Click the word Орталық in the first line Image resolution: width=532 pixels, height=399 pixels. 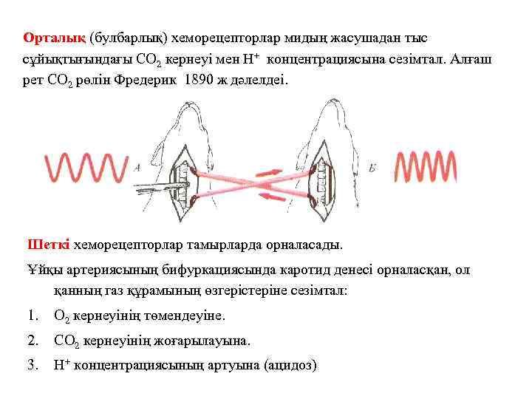(x=55, y=37)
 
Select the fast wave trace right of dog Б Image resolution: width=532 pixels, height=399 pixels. (x=426, y=168)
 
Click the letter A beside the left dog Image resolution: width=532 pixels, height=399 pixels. (x=137, y=168)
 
